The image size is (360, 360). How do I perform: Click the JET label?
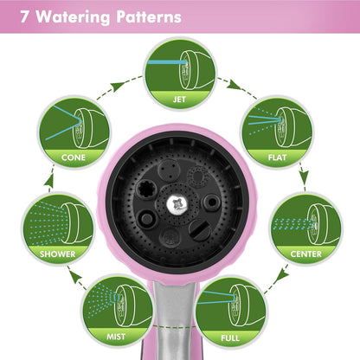179,100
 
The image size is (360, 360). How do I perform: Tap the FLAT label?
277,157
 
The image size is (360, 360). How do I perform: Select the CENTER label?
305,254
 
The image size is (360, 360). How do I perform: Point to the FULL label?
230,337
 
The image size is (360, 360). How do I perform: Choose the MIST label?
116,337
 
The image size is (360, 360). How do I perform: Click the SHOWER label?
57,254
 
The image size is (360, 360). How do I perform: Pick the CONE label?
74,157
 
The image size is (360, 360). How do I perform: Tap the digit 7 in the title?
24,16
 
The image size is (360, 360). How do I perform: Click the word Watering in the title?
73,17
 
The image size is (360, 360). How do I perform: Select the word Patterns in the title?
149,16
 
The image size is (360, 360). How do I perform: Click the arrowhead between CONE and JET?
118,87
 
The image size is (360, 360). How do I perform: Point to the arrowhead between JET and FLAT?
234,84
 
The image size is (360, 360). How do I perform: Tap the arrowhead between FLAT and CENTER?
304,176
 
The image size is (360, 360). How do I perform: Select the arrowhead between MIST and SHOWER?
74,277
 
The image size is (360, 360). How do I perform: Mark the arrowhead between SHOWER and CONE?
50,180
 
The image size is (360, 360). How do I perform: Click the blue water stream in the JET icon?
167,62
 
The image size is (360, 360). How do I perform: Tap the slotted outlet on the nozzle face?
199,230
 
